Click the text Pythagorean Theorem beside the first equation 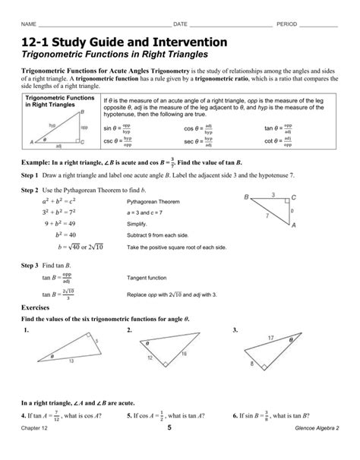(153, 203)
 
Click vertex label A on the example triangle (293, 225)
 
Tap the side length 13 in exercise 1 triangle (73, 361)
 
